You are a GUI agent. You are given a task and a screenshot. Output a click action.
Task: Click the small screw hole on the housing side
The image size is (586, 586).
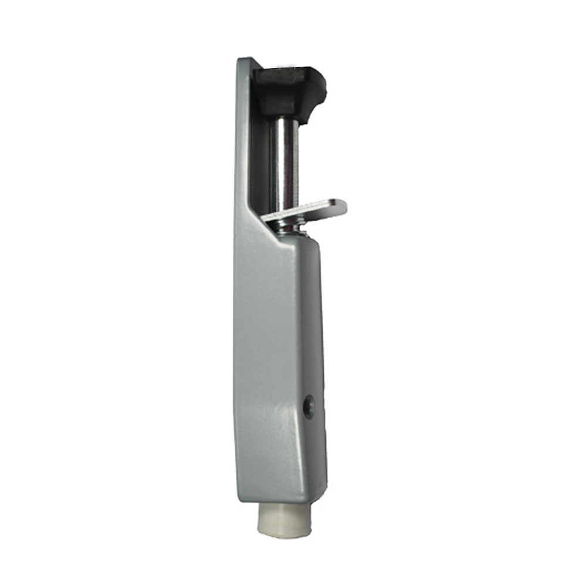click(x=309, y=407)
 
